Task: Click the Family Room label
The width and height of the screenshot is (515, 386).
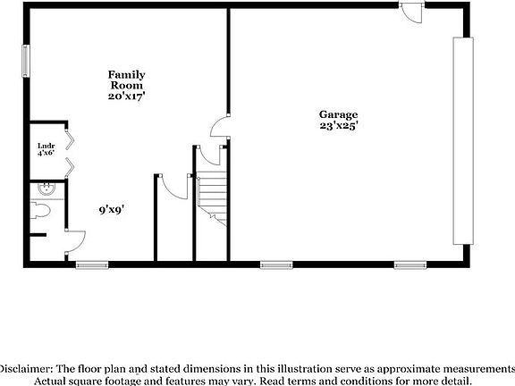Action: click(x=126, y=80)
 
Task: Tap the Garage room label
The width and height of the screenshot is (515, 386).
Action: click(x=338, y=114)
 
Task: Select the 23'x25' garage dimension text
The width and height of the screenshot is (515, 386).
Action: click(x=339, y=125)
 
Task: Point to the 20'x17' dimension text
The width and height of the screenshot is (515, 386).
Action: click(x=126, y=96)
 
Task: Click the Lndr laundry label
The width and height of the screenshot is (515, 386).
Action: click(x=46, y=146)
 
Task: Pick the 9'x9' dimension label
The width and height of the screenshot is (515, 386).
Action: click(x=112, y=209)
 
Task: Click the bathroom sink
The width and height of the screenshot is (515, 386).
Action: click(x=46, y=189)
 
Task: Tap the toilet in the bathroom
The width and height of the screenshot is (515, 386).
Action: click(x=40, y=210)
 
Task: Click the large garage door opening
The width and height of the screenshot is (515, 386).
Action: click(x=463, y=141)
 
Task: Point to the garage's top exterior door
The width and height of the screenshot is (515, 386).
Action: click(x=412, y=13)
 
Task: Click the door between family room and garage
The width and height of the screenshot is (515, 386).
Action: click(x=220, y=126)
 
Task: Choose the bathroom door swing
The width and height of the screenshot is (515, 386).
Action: click(x=75, y=242)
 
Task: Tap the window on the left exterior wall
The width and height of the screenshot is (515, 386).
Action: click(x=26, y=61)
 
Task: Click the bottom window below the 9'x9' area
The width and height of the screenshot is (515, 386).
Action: click(x=92, y=264)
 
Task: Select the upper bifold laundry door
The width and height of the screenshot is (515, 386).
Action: click(x=70, y=140)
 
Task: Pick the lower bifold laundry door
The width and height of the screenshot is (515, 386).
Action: click(x=70, y=167)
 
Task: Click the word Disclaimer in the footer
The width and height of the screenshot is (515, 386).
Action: click(x=26, y=369)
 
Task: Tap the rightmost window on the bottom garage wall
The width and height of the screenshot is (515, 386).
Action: click(x=410, y=264)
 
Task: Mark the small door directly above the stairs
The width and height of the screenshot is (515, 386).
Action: click(x=210, y=155)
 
